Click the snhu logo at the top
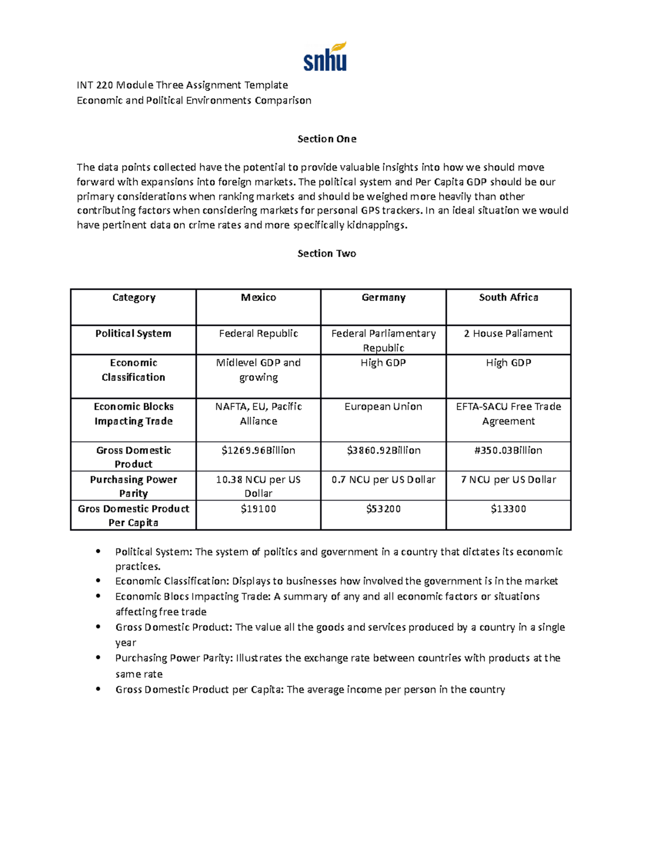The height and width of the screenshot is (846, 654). [325, 57]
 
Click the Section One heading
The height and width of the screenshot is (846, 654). [326, 139]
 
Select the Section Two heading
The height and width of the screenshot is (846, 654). [326, 253]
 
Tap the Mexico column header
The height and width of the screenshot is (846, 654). [258, 297]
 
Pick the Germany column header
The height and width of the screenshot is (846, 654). [383, 297]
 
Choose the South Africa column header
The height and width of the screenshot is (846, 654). [508, 297]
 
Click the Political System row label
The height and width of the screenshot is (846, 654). [133, 333]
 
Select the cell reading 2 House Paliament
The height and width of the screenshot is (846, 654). [508, 333]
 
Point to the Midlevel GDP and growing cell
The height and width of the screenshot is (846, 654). [258, 370]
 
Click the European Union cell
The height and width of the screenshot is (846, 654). [383, 406]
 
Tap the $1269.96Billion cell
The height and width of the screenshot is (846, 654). [258, 451]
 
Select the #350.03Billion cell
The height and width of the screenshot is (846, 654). [508, 451]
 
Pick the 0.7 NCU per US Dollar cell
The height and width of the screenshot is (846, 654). [383, 479]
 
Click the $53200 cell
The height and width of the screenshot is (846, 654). [383, 509]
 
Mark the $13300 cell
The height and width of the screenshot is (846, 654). [508, 509]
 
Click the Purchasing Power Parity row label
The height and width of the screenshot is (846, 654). [133, 486]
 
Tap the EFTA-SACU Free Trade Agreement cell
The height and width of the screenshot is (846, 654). [508, 413]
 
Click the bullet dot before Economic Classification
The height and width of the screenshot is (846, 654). [98, 581]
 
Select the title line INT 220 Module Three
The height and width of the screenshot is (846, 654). [182, 85]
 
